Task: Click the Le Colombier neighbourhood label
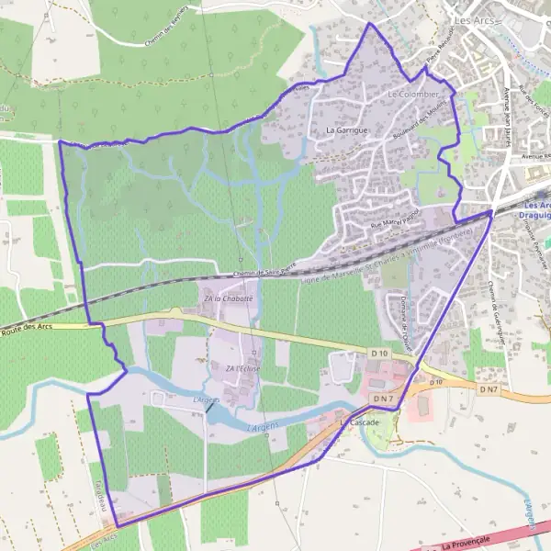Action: point(414,94)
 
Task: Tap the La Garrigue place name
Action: point(346,130)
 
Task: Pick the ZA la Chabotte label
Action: point(228,298)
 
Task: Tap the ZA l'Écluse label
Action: point(243,368)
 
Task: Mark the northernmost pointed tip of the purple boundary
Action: point(370,23)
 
